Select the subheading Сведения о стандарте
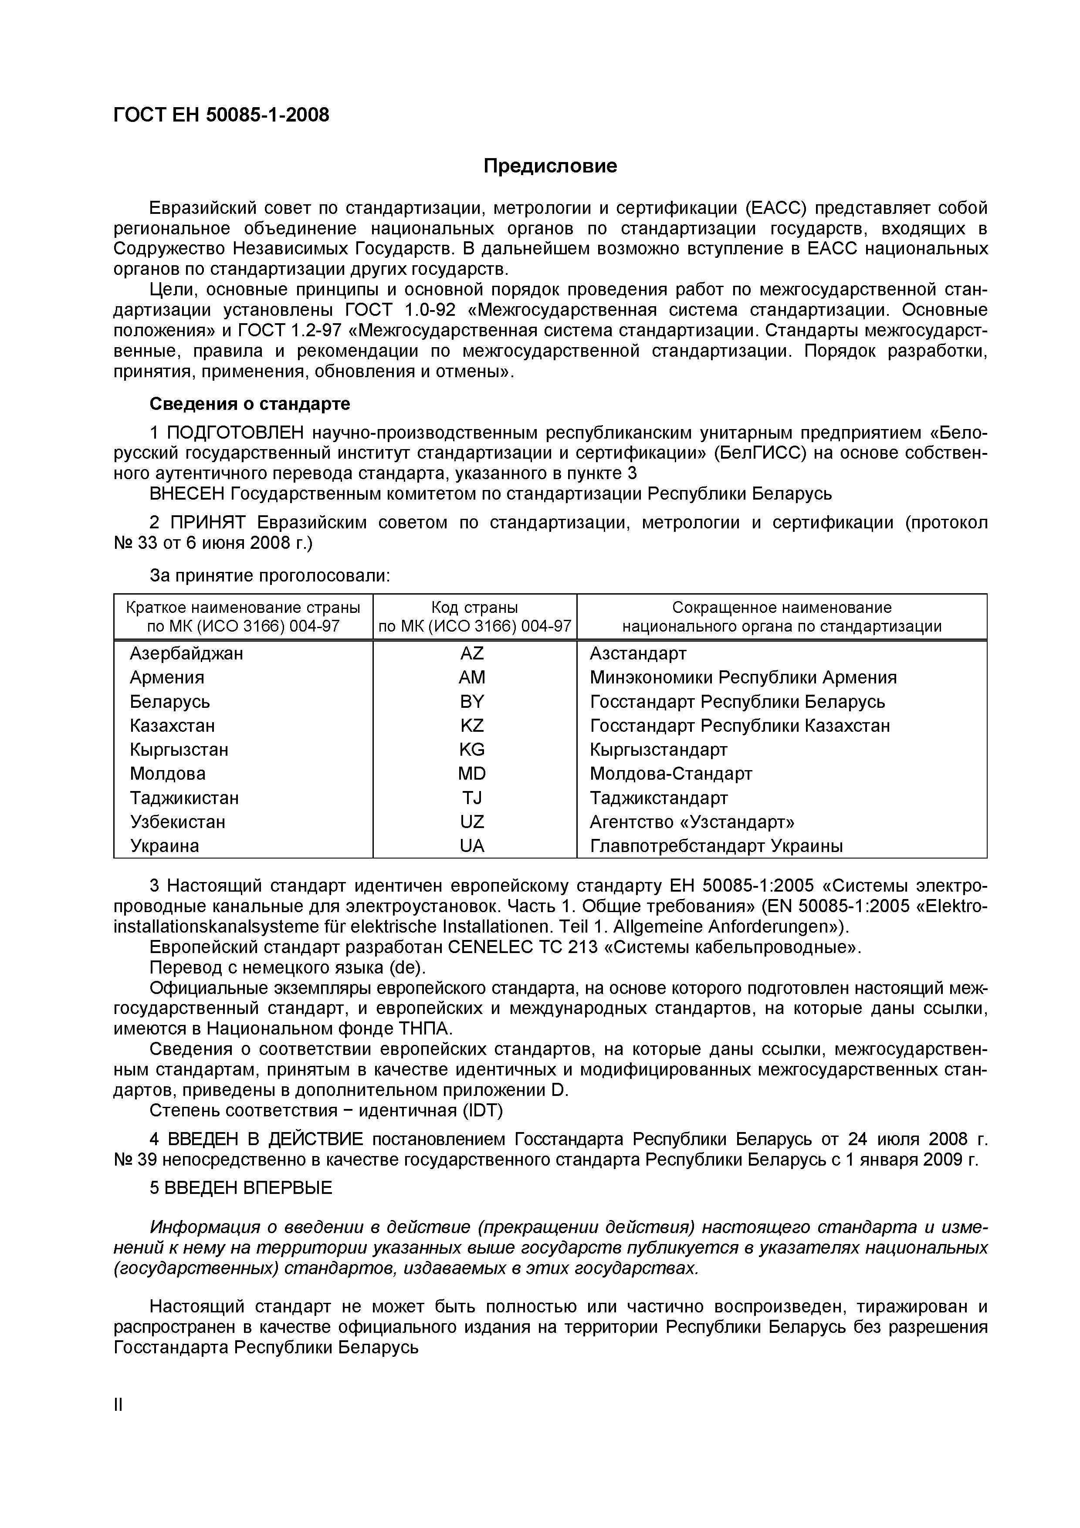click(x=250, y=404)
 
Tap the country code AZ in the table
click(x=472, y=653)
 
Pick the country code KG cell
click(x=472, y=750)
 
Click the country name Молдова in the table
click(x=168, y=774)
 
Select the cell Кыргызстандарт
click(x=658, y=750)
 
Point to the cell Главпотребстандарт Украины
click(x=716, y=846)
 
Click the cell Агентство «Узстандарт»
click(x=691, y=822)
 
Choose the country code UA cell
click(x=472, y=846)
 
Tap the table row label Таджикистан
click(x=184, y=798)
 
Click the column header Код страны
click(x=474, y=608)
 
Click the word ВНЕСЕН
click(x=188, y=494)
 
